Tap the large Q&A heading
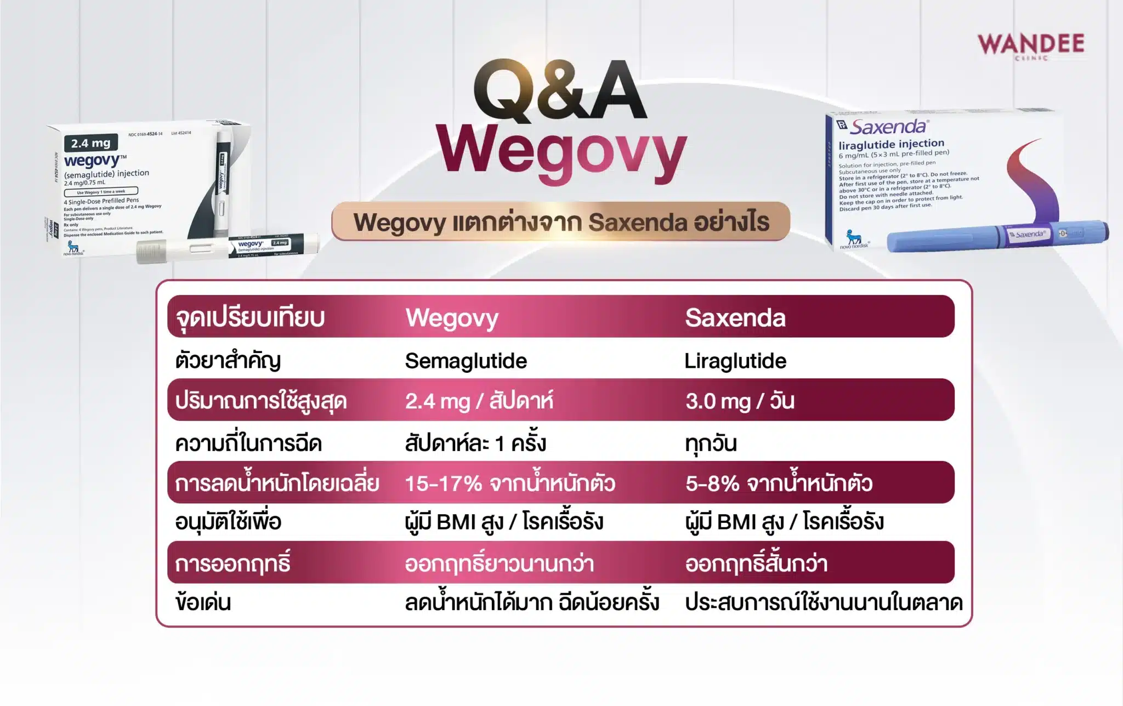click(x=560, y=90)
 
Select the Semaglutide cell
click(x=466, y=361)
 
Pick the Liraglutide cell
click(x=735, y=361)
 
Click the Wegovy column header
click(x=452, y=318)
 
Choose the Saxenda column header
click(x=735, y=318)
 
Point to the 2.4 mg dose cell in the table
click(x=479, y=401)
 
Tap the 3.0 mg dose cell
click(x=739, y=401)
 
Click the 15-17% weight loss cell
click(x=509, y=483)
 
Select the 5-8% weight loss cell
click(x=779, y=483)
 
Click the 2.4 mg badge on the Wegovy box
click(x=91, y=143)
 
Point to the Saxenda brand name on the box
click(x=888, y=127)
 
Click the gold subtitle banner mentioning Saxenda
click(x=560, y=222)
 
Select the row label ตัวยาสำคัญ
click(x=228, y=361)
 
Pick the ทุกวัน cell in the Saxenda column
click(x=711, y=443)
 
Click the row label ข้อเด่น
click(x=203, y=602)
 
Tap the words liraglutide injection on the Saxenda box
click(x=891, y=144)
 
